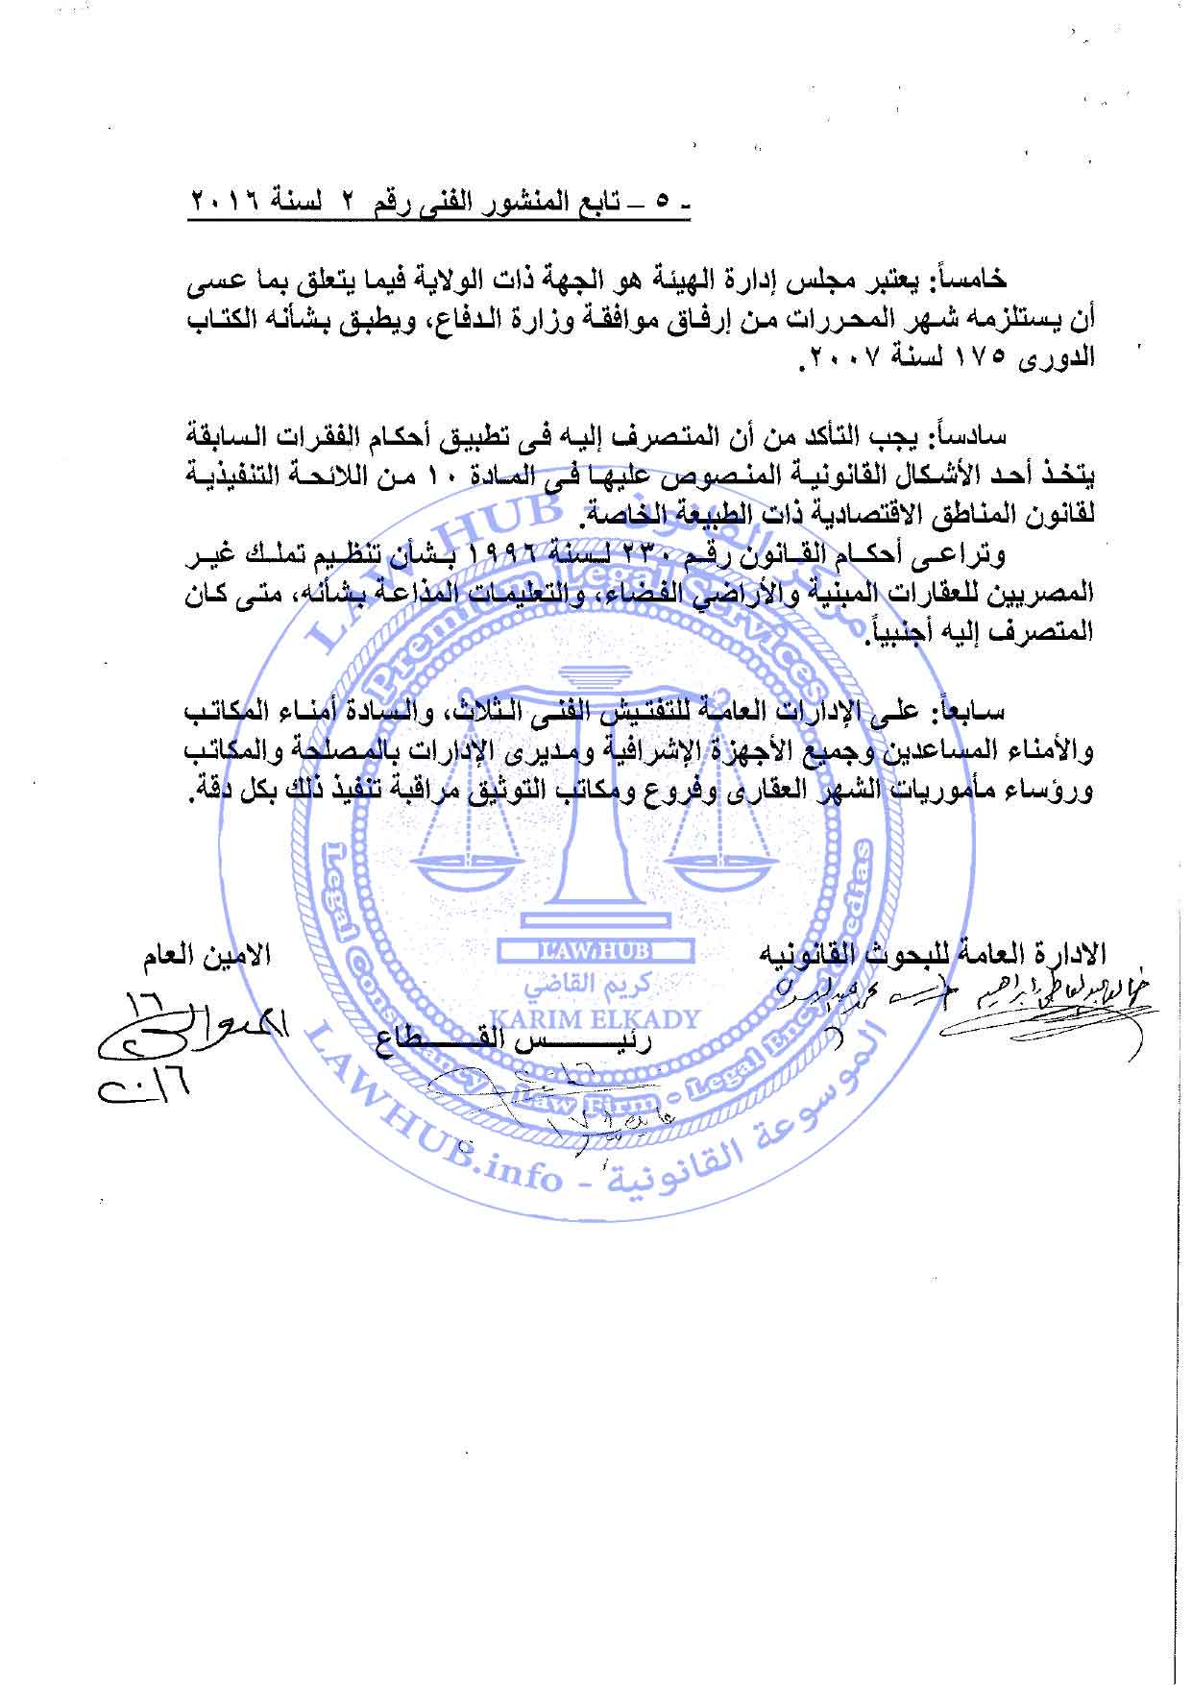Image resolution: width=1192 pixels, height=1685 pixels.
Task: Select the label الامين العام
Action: coord(202,957)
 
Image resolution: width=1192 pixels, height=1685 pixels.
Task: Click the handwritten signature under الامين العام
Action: coord(154,1042)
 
